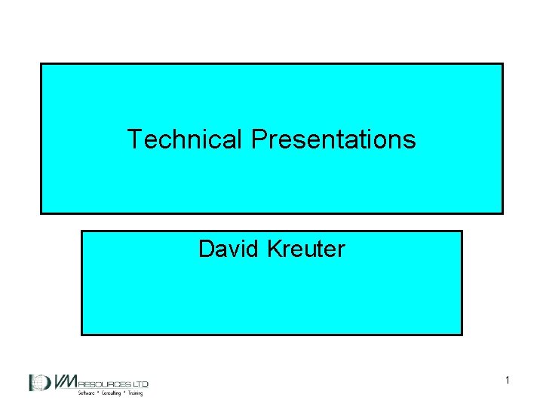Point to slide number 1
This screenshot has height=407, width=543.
coord(508,381)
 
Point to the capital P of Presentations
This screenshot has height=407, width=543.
coord(257,139)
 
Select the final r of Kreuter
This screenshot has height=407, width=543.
coord(342,249)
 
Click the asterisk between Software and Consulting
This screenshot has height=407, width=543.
coord(100,393)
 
